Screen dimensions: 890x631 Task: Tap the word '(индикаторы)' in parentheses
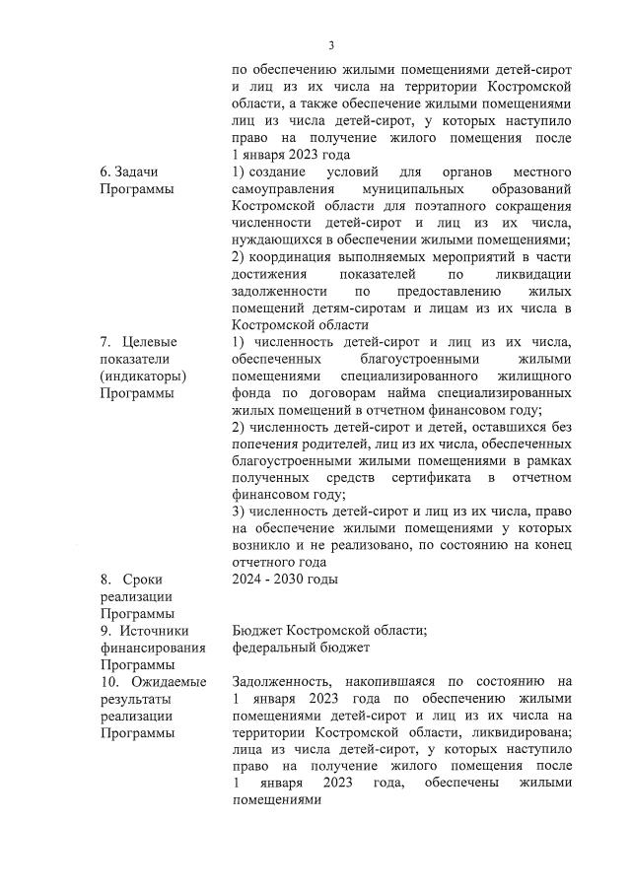pyautogui.click(x=143, y=376)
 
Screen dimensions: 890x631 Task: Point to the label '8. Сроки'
pyautogui.click(x=131, y=580)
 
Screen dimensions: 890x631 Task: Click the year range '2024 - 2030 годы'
pyautogui.click(x=285, y=580)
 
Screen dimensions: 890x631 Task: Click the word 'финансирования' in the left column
pyautogui.click(x=153, y=648)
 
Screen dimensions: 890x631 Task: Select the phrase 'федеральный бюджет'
pyautogui.click(x=301, y=648)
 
